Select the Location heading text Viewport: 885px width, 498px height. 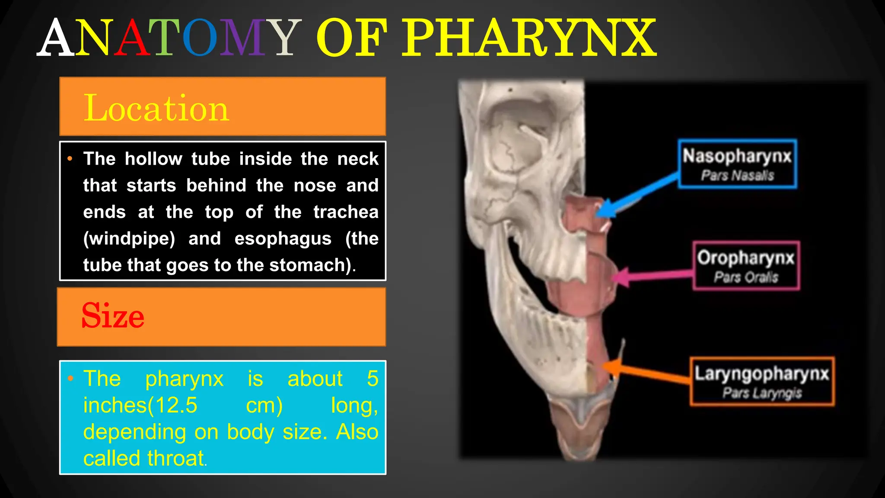(156, 108)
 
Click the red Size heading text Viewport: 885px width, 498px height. (113, 316)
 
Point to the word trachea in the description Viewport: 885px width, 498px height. (346, 212)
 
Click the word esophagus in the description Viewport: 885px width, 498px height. (283, 239)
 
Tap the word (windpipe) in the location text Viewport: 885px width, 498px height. (129, 239)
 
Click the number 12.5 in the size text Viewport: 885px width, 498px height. (175, 405)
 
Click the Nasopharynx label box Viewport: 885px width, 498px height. (737, 164)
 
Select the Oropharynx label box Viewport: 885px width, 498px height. (746, 265)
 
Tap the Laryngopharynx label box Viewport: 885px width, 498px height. (761, 381)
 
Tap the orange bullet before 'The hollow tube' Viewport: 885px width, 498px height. (70, 159)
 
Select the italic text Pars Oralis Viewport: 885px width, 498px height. (746, 277)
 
